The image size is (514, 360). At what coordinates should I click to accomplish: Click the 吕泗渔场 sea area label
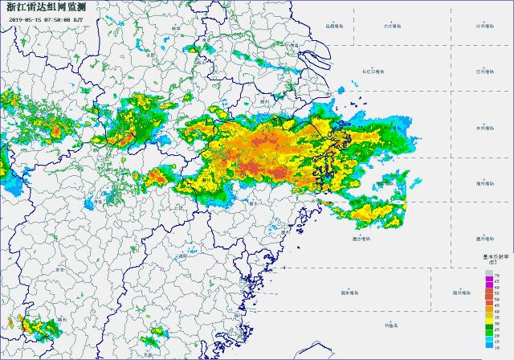[x=334, y=26]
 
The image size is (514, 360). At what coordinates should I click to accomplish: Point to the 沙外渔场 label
[x=484, y=26]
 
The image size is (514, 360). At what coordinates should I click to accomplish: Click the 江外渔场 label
[x=484, y=72]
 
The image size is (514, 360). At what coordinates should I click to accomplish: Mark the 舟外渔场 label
[x=484, y=127]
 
